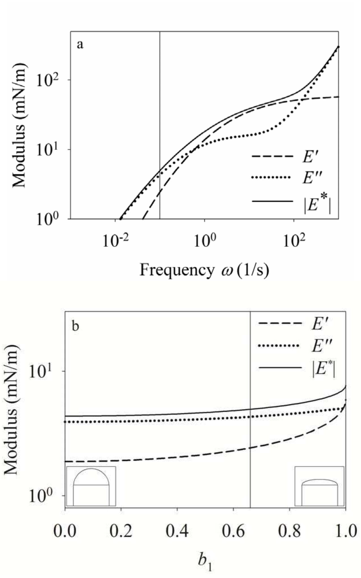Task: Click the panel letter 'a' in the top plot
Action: [80, 45]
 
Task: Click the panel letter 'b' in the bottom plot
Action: [75, 326]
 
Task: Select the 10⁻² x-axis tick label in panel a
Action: [115, 242]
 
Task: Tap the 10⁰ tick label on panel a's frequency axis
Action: [204, 242]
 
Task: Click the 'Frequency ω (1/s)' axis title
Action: [204, 270]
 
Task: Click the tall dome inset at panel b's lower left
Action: [91, 486]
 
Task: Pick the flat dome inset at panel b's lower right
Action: [319, 486]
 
